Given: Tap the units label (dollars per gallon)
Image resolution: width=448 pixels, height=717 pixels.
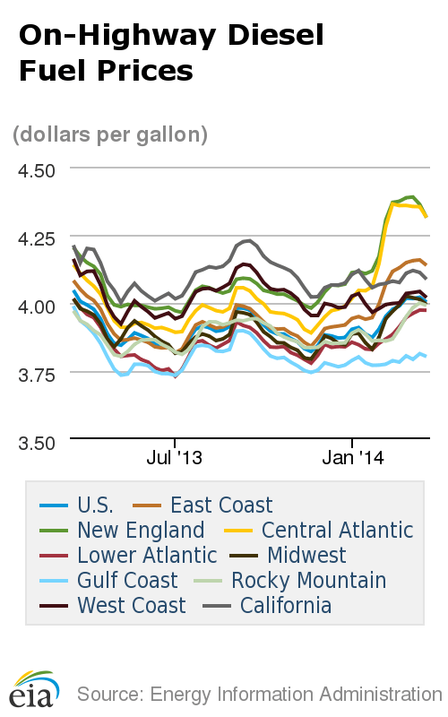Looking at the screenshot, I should pyautogui.click(x=110, y=134).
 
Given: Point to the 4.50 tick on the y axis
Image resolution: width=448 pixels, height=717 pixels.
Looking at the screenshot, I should pyautogui.click(x=33, y=170).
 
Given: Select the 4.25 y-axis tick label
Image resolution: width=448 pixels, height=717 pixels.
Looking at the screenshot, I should pyautogui.click(x=33, y=238).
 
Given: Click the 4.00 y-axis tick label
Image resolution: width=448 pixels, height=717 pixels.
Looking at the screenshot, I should pyautogui.click(x=33, y=306).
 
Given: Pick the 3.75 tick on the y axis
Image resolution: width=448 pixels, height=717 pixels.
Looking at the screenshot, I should pyautogui.click(x=33, y=374).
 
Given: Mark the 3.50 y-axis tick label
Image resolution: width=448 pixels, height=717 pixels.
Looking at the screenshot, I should pyautogui.click(x=33, y=442).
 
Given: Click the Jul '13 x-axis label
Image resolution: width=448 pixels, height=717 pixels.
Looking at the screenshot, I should pyautogui.click(x=174, y=458).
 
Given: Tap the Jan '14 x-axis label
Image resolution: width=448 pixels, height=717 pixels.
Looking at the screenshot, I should pyautogui.click(x=352, y=458).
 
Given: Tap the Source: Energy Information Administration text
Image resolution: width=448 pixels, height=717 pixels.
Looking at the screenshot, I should pyautogui.click(x=259, y=694).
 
